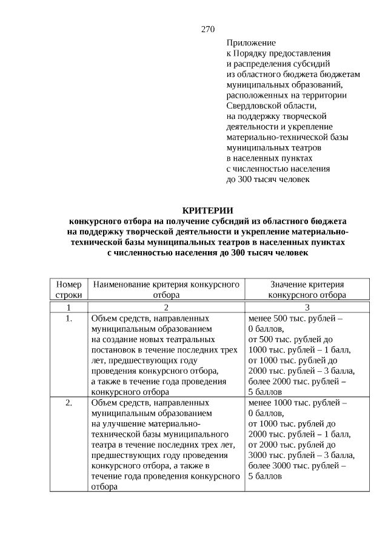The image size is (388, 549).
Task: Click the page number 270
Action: (208, 29)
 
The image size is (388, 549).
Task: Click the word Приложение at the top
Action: (251, 43)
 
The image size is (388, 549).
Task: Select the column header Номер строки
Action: (69, 289)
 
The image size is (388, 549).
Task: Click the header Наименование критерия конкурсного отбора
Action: (166, 289)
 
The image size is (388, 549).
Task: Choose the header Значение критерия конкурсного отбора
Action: (307, 289)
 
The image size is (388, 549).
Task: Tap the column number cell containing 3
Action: (307, 307)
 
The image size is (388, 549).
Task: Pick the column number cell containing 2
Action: (166, 307)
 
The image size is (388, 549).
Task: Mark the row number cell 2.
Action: (69, 402)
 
